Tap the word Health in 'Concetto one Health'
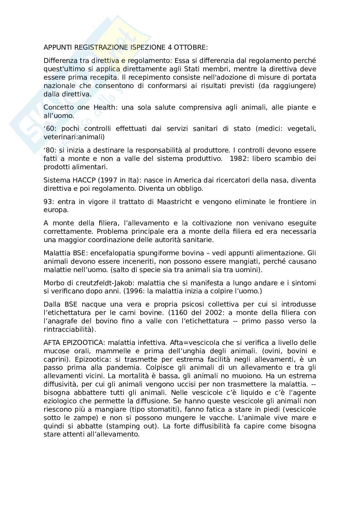tap(104, 107)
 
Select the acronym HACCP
tap(77, 180)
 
